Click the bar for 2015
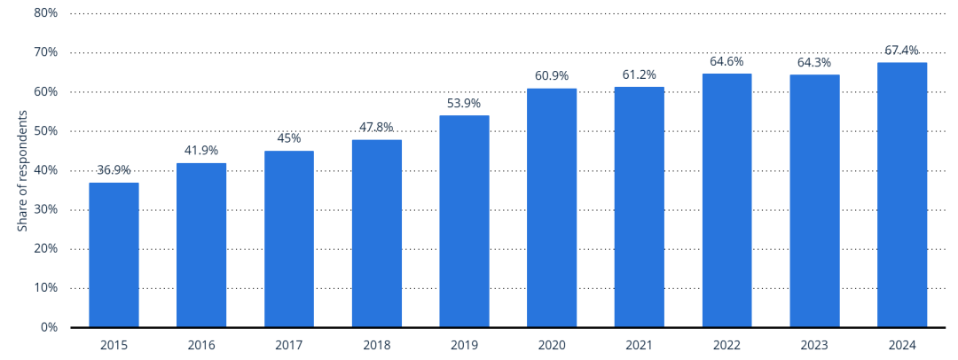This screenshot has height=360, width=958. pyautogui.click(x=114, y=254)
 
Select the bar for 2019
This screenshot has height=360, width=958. pyautogui.click(x=464, y=221)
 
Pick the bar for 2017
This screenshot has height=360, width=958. pyautogui.click(x=289, y=239)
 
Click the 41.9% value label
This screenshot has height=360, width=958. pyautogui.click(x=201, y=151)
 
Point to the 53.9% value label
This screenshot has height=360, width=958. pyautogui.click(x=464, y=104)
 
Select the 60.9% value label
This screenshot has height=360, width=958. pyautogui.click(x=552, y=76)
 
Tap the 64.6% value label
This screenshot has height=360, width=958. pyautogui.click(x=726, y=62)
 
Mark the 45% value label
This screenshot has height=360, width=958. pyautogui.click(x=289, y=138)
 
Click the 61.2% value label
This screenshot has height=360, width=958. pyautogui.click(x=640, y=74)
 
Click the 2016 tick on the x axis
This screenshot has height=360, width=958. pyautogui.click(x=201, y=344)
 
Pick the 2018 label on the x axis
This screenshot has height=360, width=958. pyautogui.click(x=376, y=344)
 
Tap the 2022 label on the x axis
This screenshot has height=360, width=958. pyautogui.click(x=726, y=344)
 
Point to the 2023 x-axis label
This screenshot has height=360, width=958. pyautogui.click(x=814, y=344)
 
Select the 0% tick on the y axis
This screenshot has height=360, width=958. pyautogui.click(x=49, y=327)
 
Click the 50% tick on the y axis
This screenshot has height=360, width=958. pyautogui.click(x=46, y=131)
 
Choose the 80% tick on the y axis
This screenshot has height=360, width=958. pyautogui.click(x=46, y=13)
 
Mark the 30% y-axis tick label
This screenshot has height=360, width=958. pyautogui.click(x=46, y=209)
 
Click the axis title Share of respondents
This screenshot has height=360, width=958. pyautogui.click(x=22, y=171)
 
